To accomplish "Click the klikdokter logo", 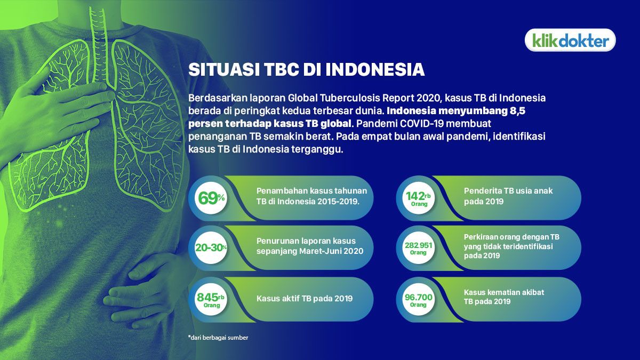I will [570, 40].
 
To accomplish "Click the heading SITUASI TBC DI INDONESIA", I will [306, 70].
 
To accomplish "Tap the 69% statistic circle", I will [212, 198].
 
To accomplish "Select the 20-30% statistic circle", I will [212, 247].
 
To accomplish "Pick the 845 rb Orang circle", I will [212, 299].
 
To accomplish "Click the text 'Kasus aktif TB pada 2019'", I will [305, 298].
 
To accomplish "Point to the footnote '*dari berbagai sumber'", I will [218, 337].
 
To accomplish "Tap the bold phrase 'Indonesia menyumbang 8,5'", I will [459, 111].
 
